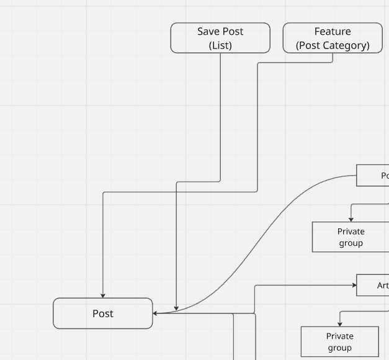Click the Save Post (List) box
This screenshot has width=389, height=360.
click(220, 38)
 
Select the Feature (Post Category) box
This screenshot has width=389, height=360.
click(333, 38)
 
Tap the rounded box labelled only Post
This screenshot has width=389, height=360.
click(103, 313)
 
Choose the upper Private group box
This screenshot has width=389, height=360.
click(351, 237)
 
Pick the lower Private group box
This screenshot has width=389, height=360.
click(339, 342)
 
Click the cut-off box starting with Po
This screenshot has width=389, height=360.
click(373, 176)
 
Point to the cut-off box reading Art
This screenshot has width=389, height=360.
click(373, 286)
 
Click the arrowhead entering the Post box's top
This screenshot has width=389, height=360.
click(103, 295)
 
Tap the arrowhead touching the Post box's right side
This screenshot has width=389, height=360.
click(156, 313)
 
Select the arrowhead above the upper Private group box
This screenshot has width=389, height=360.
click(351, 219)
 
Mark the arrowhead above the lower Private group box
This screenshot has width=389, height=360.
click(340, 324)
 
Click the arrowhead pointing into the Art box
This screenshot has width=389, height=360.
click(354, 286)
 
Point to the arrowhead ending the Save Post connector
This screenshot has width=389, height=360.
click(176, 308)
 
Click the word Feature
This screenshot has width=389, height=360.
click(333, 31)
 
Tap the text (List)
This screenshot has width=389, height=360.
click(220, 45)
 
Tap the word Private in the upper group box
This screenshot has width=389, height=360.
click(351, 232)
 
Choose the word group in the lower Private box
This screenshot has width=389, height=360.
click(340, 348)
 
